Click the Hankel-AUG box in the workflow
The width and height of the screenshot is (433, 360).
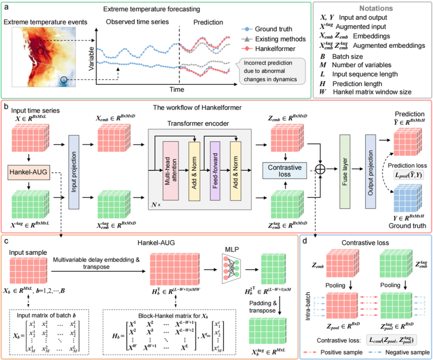pyautogui.click(x=29, y=172)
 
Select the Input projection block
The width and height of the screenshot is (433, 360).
pyautogui.click(x=74, y=172)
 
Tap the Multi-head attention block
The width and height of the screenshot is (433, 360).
pyautogui.click(x=171, y=171)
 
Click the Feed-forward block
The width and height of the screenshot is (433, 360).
pyautogui.click(x=215, y=171)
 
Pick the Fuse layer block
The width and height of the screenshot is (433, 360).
pyautogui.click(x=345, y=172)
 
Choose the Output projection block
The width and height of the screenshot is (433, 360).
pyautogui.click(x=370, y=172)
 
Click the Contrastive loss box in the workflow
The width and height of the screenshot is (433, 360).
pyautogui.click(x=285, y=171)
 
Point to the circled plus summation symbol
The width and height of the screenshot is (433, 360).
pyautogui.click(x=320, y=169)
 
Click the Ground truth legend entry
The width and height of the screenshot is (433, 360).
pyautogui.click(x=267, y=29)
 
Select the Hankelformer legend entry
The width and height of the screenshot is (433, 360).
pyautogui.click(x=268, y=49)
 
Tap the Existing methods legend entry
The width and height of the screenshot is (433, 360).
pyautogui.click(x=274, y=39)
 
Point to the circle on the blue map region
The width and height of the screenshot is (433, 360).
pyautogui.click(x=64, y=80)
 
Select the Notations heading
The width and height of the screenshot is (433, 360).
pyautogui.click(x=376, y=8)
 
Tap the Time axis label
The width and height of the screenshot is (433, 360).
pyautogui.click(x=177, y=89)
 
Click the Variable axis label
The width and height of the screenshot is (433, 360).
pyautogui.click(x=91, y=59)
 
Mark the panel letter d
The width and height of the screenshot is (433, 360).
pyautogui.click(x=305, y=241)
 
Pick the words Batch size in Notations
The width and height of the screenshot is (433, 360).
pyautogui.click(x=347, y=57)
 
